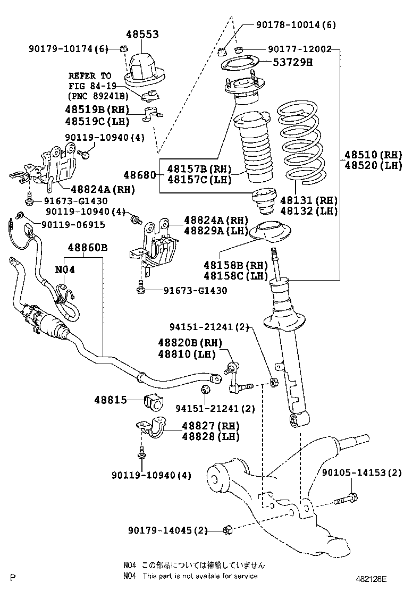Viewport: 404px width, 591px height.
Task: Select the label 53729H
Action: (x=292, y=62)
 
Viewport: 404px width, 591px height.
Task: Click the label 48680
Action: (x=139, y=174)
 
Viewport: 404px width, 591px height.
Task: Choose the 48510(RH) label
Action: (x=373, y=155)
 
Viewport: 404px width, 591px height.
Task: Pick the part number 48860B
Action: (x=87, y=248)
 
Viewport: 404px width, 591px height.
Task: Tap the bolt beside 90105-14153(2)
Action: (x=346, y=500)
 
